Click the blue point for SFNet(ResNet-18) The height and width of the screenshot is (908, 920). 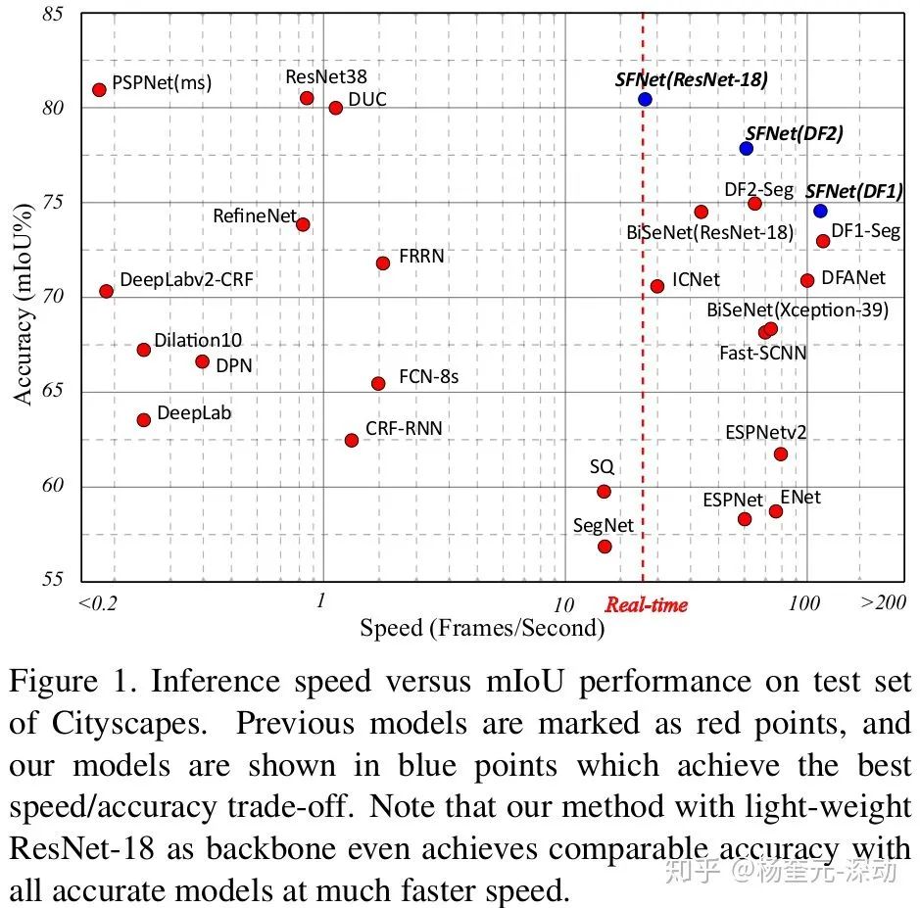(645, 99)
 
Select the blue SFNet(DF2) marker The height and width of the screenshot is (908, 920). (747, 148)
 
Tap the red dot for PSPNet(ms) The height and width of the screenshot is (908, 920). (99, 89)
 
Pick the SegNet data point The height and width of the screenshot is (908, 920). (605, 546)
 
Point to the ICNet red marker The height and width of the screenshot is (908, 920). (657, 286)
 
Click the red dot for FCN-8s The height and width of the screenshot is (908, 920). (378, 383)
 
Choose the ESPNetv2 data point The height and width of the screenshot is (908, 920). (781, 454)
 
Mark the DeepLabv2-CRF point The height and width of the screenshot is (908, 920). (106, 291)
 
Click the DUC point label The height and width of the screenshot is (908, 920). (367, 99)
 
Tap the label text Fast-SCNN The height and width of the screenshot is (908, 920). (763, 352)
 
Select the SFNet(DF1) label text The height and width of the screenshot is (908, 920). (854, 191)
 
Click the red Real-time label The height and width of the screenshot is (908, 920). (646, 604)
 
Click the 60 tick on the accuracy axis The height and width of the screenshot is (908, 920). (53, 486)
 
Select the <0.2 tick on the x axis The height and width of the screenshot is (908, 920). (97, 602)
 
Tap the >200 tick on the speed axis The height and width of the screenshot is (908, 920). (883, 601)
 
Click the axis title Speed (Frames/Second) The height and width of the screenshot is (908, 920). (482, 627)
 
